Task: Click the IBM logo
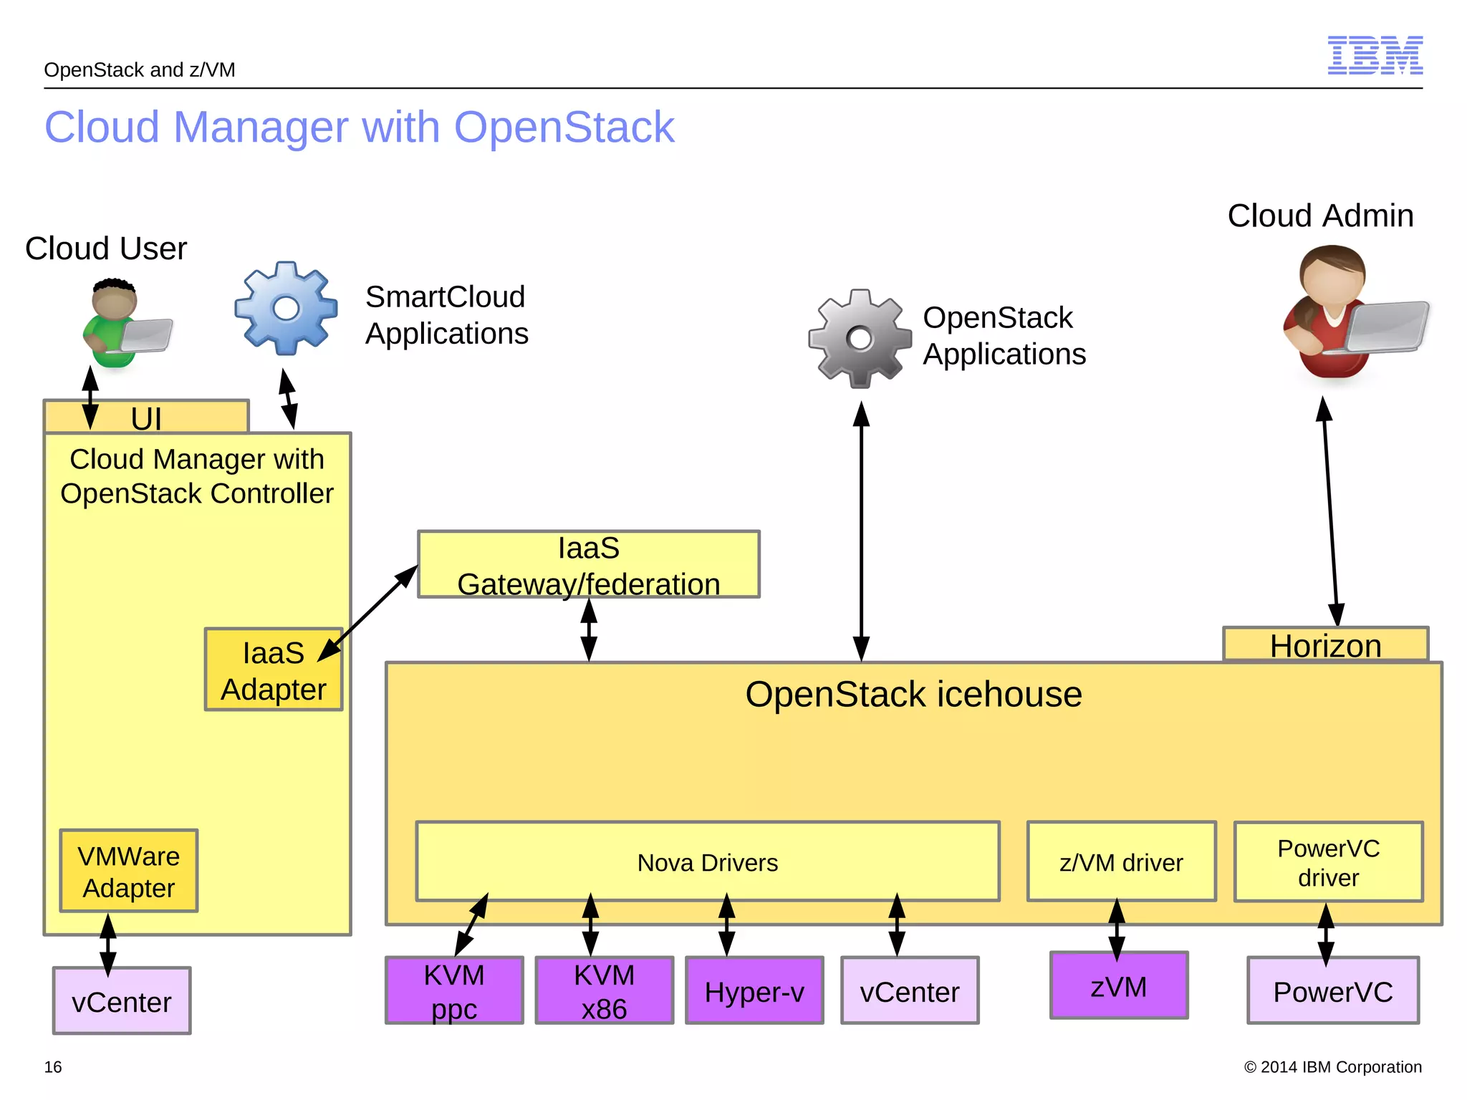[1375, 55]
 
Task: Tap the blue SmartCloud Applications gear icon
[286, 308]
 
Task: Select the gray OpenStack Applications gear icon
[859, 339]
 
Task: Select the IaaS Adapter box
[273, 670]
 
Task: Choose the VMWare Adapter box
[129, 872]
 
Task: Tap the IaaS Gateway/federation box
[588, 565]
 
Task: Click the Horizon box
[1325, 645]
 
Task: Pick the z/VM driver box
[1121, 862]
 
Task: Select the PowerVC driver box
[1328, 862]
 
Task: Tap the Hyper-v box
[754, 991]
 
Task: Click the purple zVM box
[1118, 986]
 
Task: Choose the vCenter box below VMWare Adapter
[122, 1001]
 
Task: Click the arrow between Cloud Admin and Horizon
[1330, 512]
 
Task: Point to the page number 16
[53, 1067]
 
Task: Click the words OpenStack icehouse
[913, 695]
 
